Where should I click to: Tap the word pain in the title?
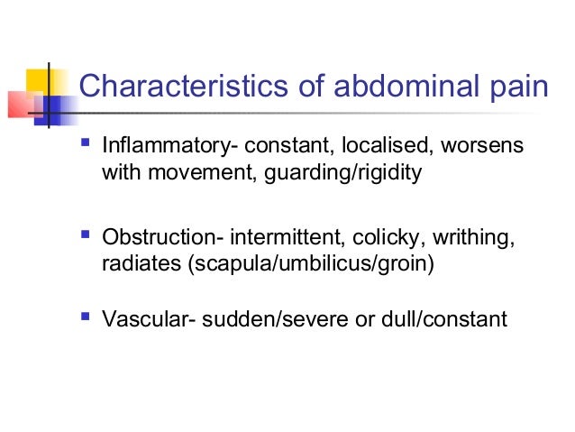click(x=516, y=87)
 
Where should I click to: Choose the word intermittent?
click(x=283, y=239)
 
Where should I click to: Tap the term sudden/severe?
click(x=267, y=319)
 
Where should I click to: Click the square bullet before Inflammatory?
click(x=86, y=144)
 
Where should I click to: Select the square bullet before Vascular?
click(x=86, y=317)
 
